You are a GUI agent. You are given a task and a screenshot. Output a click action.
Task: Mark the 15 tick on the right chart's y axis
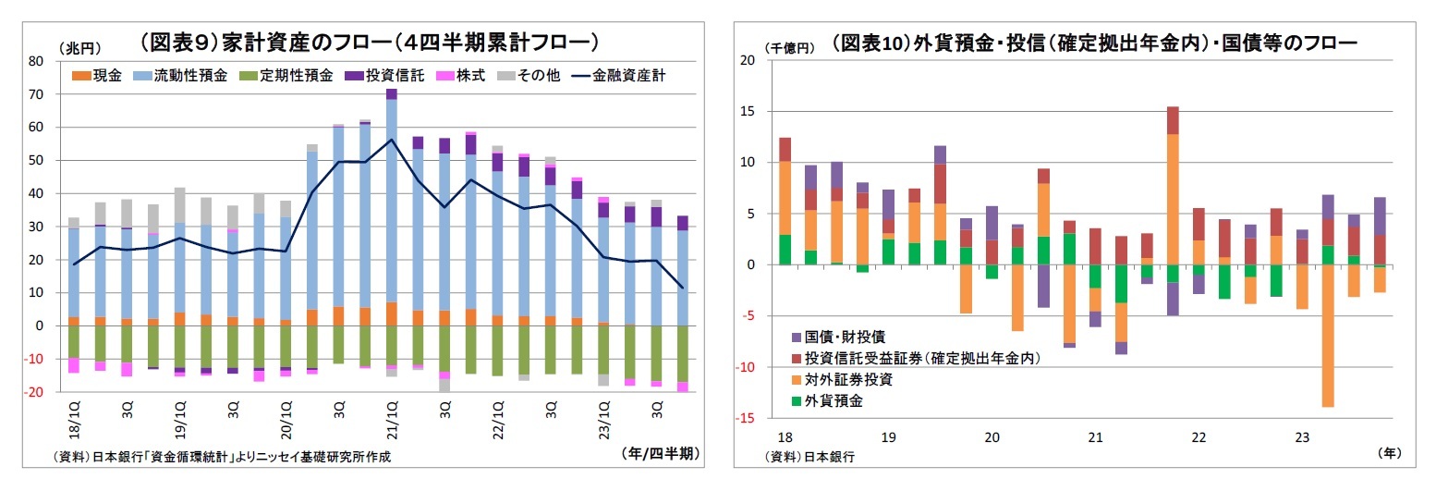coord(748,112)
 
